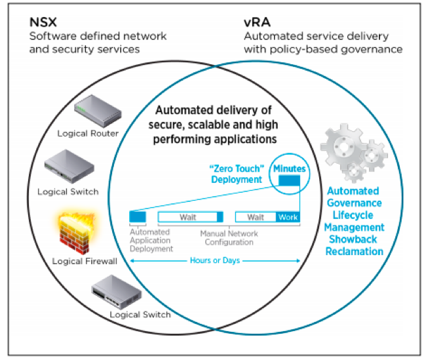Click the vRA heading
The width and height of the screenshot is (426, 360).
[x=258, y=22]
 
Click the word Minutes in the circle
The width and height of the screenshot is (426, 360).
[x=289, y=169]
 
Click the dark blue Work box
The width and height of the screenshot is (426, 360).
[x=288, y=217]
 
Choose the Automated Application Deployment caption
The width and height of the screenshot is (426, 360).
[x=151, y=240]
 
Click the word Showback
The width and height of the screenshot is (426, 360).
[x=353, y=239]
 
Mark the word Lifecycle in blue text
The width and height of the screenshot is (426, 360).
[x=353, y=215]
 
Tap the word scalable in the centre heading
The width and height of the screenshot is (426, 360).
[x=213, y=125]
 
